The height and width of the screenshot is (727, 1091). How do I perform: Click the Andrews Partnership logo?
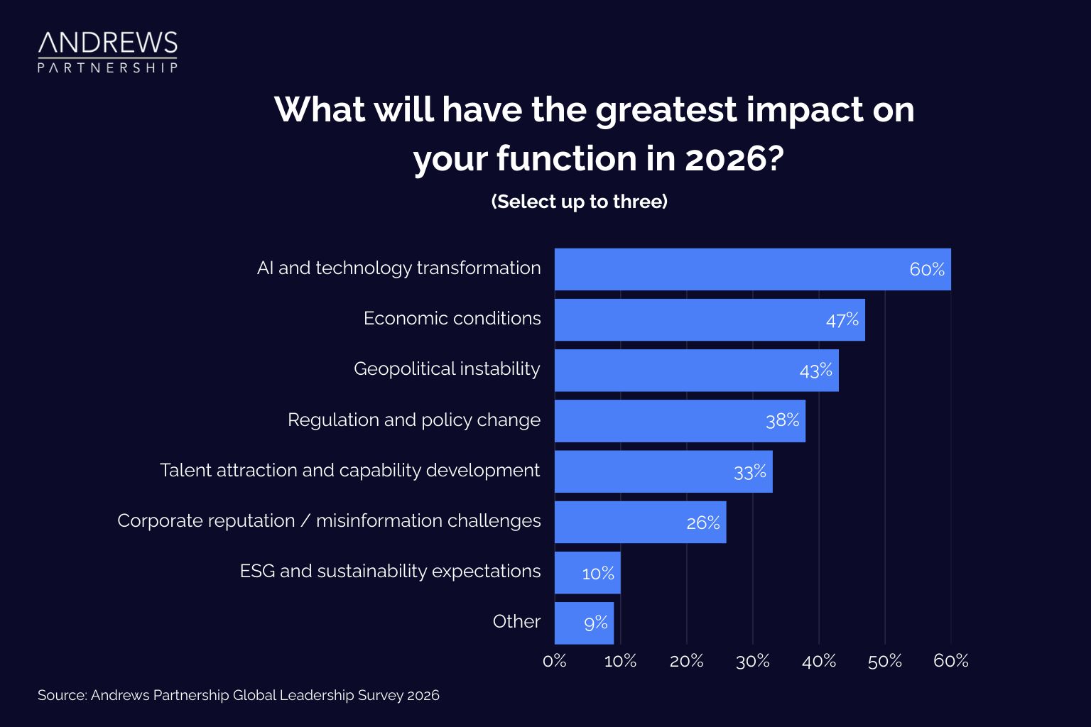[x=107, y=52]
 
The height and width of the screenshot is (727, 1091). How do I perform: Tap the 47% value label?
[x=842, y=320]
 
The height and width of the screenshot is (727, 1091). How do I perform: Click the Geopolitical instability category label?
[x=447, y=369]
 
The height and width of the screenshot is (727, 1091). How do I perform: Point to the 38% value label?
[x=782, y=420]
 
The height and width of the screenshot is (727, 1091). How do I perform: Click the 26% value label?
[x=702, y=523]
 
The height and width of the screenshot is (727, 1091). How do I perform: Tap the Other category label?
[x=516, y=622]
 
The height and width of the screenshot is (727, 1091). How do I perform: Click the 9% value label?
[x=595, y=623]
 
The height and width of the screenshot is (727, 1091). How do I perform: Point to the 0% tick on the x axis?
[x=554, y=661]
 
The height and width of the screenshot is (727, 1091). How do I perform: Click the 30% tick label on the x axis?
[x=752, y=661]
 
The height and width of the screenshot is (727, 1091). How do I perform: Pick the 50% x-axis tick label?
[x=884, y=661]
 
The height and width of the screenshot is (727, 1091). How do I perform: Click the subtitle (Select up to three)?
[x=579, y=202]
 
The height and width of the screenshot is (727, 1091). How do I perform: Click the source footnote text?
[x=239, y=695]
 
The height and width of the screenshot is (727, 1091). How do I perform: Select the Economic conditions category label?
[x=452, y=319]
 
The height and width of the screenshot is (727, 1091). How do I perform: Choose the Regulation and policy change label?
[x=413, y=420]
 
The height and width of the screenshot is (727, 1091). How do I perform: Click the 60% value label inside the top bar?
[x=926, y=270]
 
